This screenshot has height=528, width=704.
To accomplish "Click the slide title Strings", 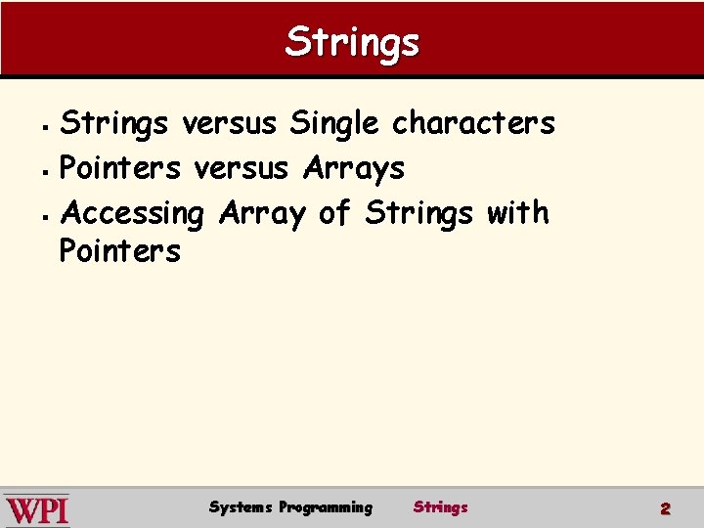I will coord(352,41).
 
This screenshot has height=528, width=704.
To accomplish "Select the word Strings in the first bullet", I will coord(120,124).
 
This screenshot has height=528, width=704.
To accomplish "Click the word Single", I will coord(334,124).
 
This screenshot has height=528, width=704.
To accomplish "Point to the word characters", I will coord(473,124).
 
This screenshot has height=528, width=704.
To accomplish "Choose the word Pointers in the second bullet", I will coord(120,168).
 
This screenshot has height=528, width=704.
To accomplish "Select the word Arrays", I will coord(354,168).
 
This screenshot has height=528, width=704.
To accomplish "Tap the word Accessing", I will coord(132,212).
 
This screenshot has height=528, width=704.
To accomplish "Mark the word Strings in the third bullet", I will coord(418,212).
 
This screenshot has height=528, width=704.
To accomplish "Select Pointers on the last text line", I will coord(120,251).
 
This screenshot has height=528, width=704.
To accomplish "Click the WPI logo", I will coord(37,509).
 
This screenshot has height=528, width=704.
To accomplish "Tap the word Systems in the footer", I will coord(241,506).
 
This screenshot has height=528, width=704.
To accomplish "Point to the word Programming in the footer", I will coord(326,506).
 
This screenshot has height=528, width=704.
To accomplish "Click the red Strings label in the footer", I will coord(440,506).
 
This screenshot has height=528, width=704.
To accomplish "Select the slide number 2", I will coord(665,508).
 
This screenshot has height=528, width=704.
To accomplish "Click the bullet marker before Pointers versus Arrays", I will coord(49,170).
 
